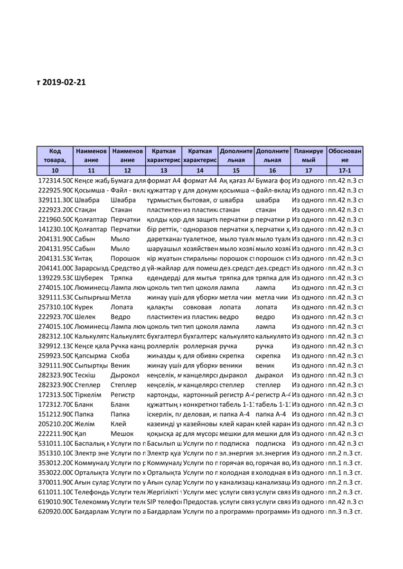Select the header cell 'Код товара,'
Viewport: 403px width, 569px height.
tap(55, 156)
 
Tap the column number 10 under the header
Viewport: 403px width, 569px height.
tap(55, 170)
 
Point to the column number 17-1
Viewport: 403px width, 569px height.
tap(345, 170)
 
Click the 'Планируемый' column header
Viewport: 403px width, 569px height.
tap(308, 156)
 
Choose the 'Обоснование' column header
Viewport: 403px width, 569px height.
tap(345, 156)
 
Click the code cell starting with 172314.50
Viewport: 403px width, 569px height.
tap(55, 181)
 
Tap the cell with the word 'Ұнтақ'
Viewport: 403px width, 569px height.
tap(84, 258)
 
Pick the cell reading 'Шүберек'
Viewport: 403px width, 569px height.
tap(87, 278)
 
